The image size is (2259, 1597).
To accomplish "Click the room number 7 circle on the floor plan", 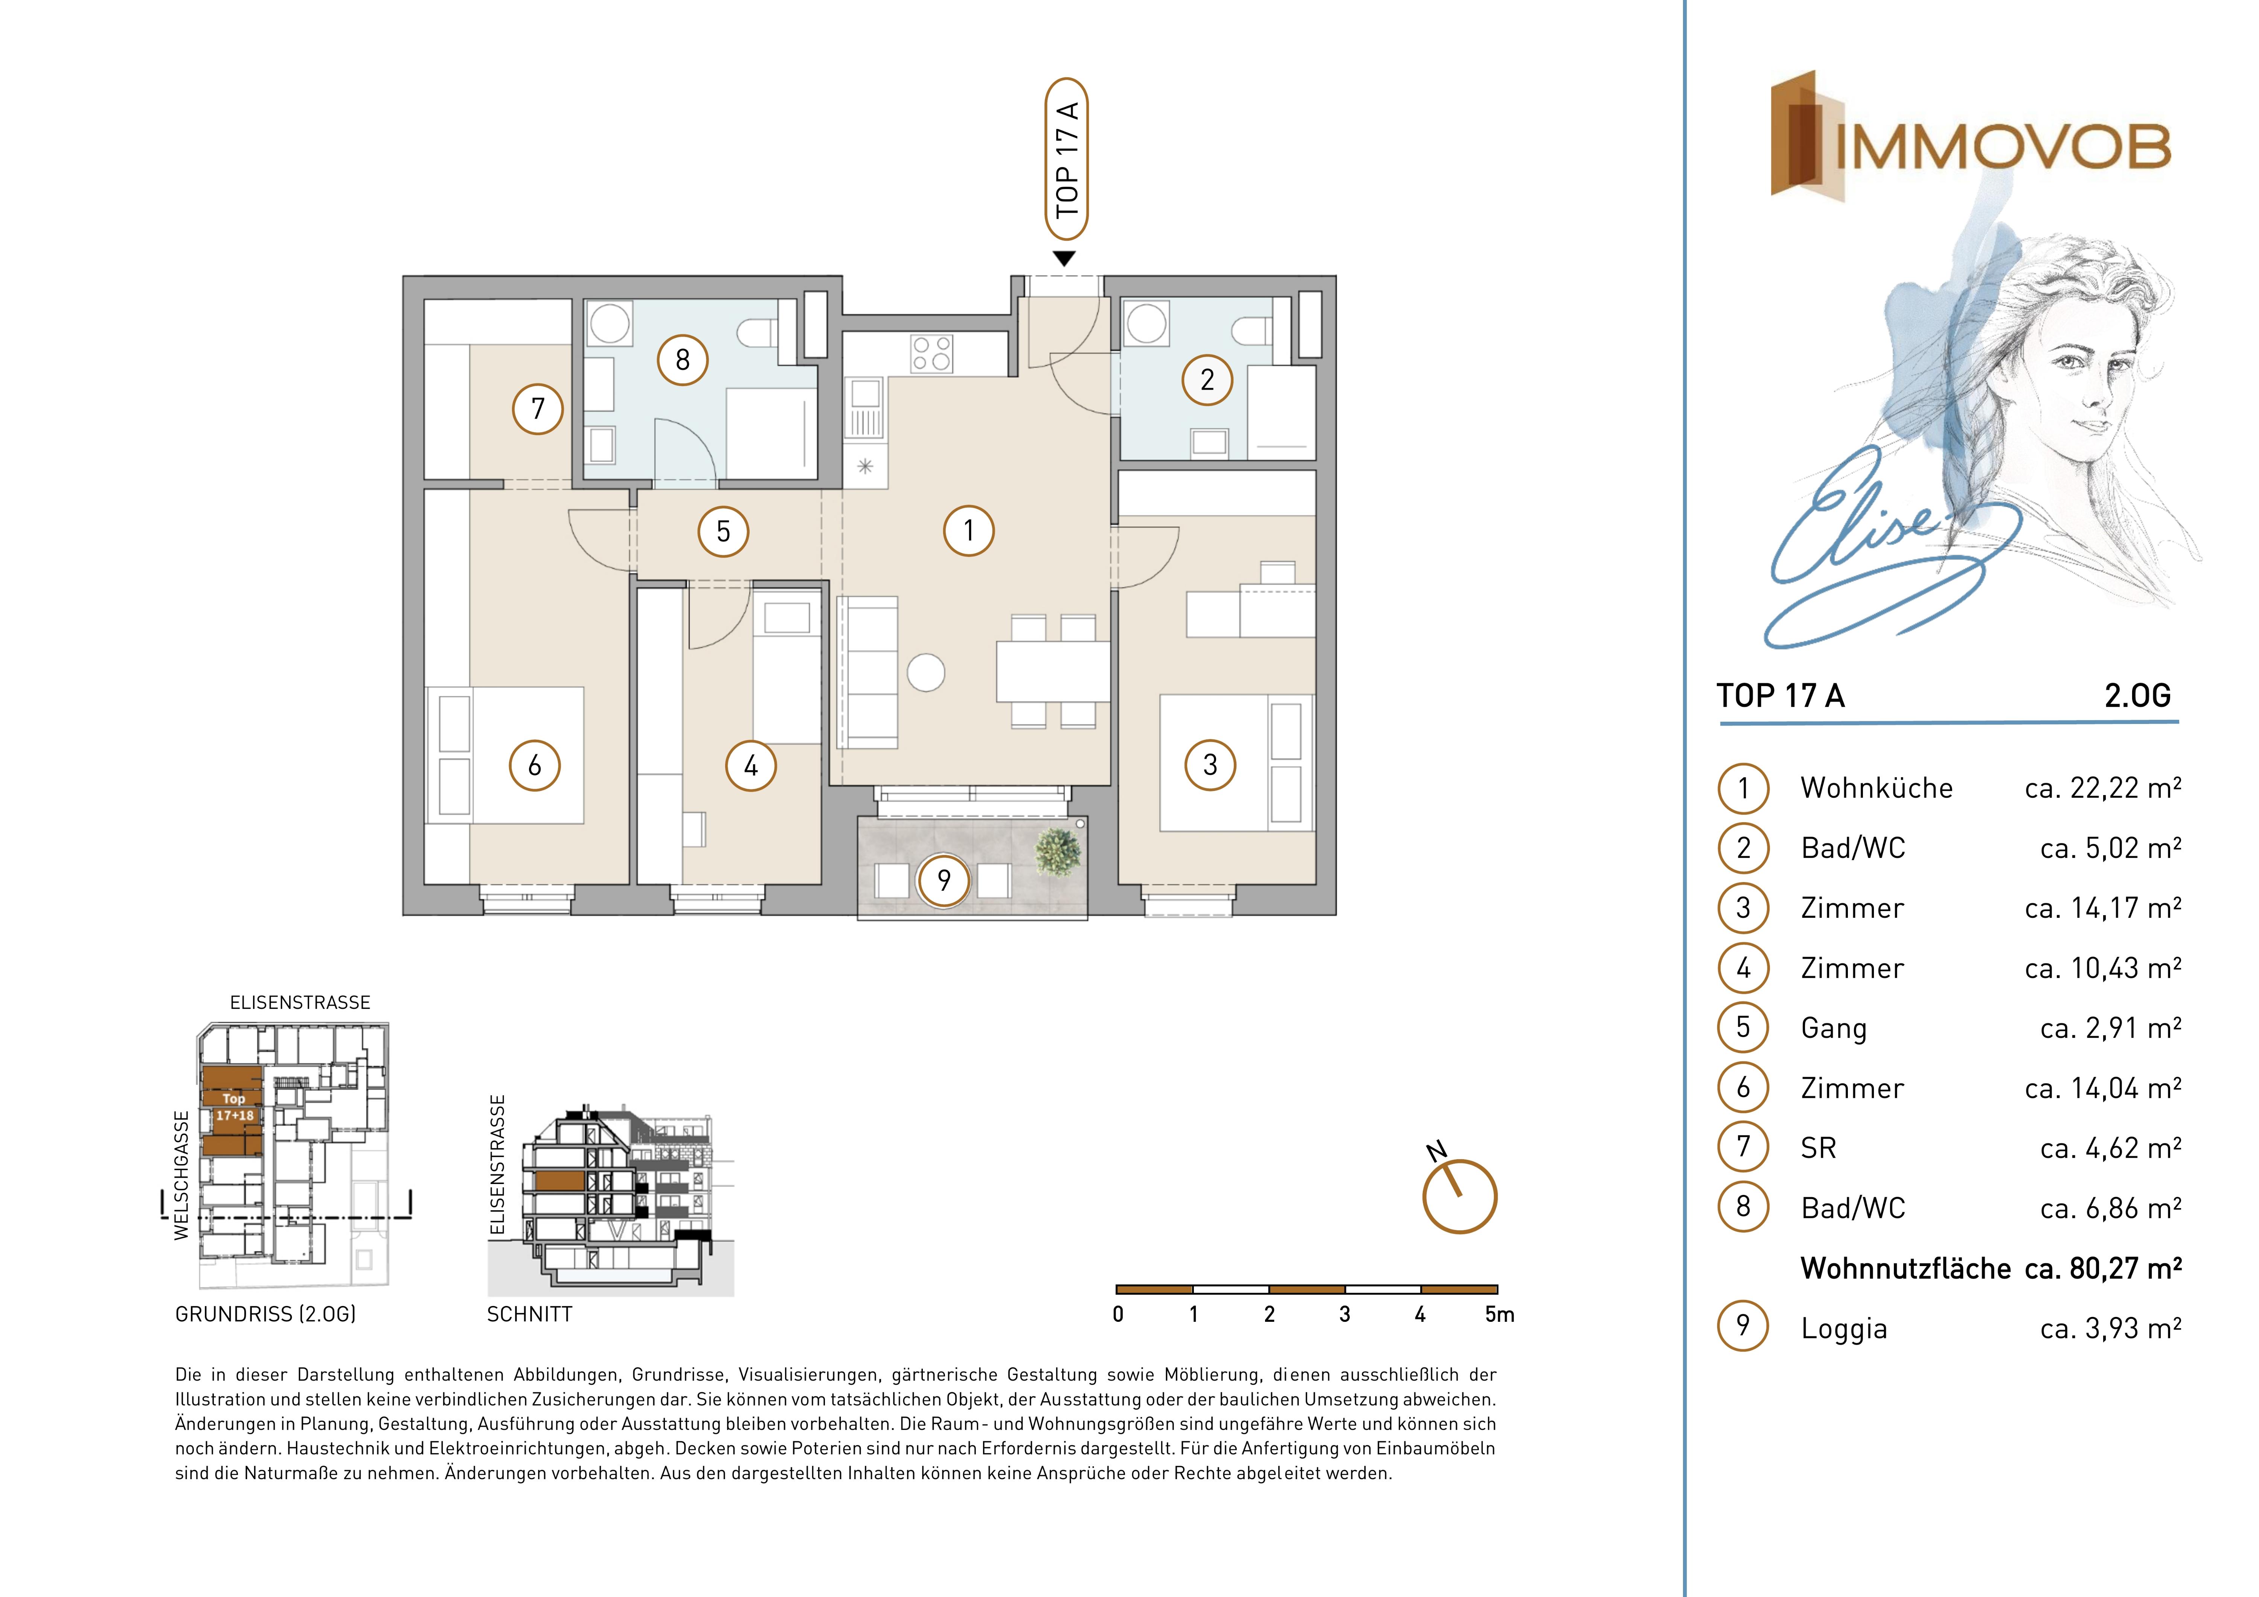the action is [x=538, y=408].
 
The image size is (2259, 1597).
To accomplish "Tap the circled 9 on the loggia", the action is [x=944, y=880].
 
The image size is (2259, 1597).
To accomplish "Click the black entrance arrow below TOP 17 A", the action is [x=1064, y=259].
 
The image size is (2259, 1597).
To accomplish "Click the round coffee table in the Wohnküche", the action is [x=926, y=673].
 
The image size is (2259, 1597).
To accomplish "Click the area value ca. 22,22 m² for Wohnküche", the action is [x=2102, y=788].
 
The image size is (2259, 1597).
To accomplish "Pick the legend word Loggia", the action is [x=1844, y=1329].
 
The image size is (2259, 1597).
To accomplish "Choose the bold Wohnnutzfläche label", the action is [x=1905, y=1268].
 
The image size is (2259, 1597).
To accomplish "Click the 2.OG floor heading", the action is [x=2137, y=696].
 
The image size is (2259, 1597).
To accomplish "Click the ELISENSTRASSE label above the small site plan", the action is [x=300, y=1003].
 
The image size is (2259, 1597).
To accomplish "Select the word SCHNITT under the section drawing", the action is [x=529, y=1315].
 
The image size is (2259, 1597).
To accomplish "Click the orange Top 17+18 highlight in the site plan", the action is [x=232, y=1109].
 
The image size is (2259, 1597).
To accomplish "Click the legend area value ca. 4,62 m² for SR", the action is [x=2110, y=1148].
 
